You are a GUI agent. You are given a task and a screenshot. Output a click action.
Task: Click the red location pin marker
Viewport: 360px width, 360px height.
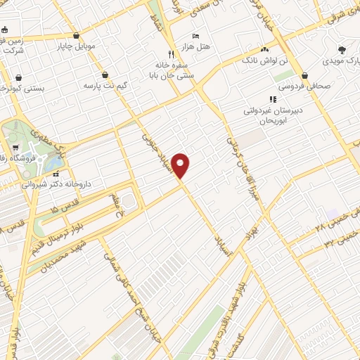pos(181,165)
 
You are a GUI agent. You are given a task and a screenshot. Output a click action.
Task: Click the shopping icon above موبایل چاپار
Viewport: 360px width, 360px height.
pos(76,35)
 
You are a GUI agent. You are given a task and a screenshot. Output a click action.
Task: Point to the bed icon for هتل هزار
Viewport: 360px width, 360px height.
pos(195,36)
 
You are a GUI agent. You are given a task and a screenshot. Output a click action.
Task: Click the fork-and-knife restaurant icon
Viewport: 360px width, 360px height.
pos(171,53)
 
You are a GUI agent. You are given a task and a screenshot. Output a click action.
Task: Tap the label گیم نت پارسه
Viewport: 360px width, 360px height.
pos(105,84)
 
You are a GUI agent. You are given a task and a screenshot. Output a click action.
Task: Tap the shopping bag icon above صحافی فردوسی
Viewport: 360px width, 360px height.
pos(304,76)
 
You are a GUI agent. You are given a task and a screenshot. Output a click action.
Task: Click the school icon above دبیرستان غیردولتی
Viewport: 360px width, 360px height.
pos(273,99)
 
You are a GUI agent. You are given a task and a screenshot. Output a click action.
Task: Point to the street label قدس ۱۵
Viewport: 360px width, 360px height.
pos(66,208)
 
